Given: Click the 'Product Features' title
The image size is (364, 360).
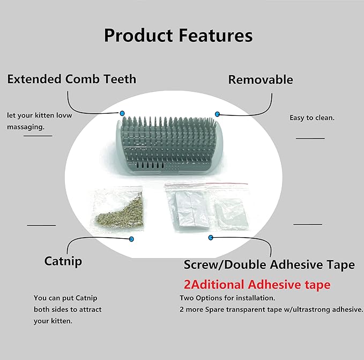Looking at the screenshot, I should (x=178, y=35).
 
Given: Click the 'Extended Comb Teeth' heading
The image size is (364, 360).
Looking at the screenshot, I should (x=71, y=79).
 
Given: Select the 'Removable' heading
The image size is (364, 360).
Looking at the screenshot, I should (x=261, y=80).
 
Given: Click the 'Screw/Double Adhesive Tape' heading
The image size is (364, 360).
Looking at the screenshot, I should (x=269, y=265).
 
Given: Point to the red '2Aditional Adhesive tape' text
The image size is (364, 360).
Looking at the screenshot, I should (x=257, y=284).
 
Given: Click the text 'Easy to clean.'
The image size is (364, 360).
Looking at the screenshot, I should (x=312, y=117).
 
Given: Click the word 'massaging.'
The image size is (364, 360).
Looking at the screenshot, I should (x=26, y=126).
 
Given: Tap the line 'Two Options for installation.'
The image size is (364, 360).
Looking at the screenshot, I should (x=227, y=298).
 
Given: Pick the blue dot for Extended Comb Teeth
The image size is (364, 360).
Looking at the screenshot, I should (x=122, y=113).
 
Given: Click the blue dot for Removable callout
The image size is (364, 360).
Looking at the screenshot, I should (x=217, y=114).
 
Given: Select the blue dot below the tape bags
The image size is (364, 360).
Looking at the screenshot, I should (x=211, y=237).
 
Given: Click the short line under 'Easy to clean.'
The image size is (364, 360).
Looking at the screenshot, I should (x=310, y=138).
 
